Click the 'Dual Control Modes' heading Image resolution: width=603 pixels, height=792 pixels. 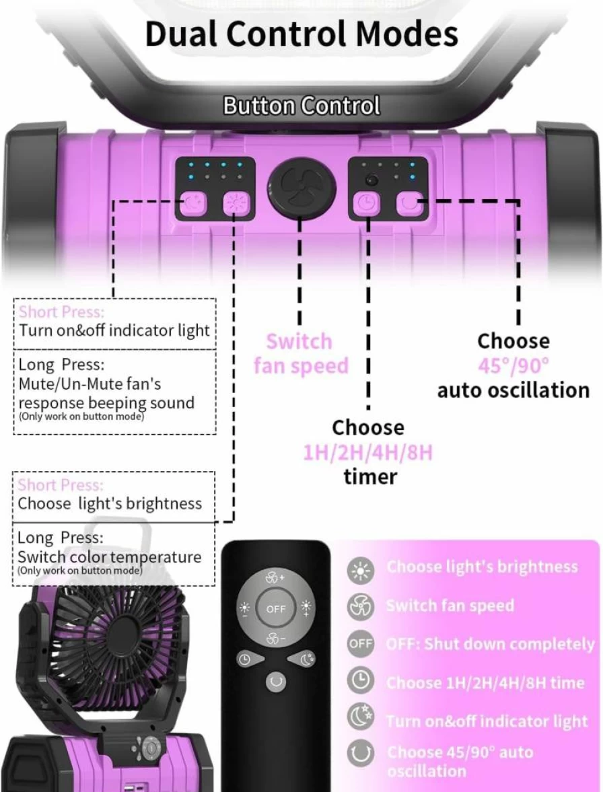click(301, 34)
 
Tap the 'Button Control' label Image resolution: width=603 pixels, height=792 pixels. click(301, 106)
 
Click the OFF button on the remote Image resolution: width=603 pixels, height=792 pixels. click(276, 609)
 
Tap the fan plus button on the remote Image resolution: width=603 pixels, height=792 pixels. click(275, 578)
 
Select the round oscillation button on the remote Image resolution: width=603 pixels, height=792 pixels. click(276, 682)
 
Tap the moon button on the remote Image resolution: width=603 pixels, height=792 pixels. click(305, 659)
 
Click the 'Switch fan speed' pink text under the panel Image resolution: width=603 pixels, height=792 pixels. click(300, 353)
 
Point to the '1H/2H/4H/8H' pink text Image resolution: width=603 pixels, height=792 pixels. click(368, 453)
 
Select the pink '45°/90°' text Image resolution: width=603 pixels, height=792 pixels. click(513, 365)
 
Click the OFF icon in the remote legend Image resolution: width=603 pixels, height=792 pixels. click(361, 644)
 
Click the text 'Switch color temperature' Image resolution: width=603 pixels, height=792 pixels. click(109, 556)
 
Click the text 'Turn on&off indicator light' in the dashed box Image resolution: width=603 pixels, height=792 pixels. click(114, 330)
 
